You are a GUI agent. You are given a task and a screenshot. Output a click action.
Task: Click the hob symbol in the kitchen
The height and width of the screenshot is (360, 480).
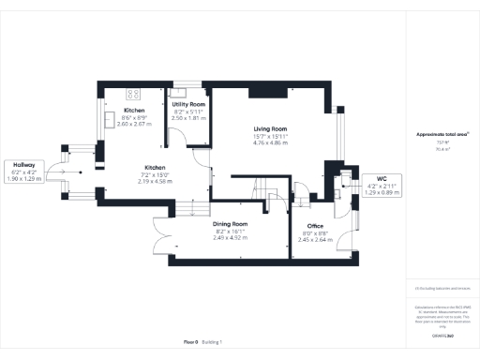point(131,94)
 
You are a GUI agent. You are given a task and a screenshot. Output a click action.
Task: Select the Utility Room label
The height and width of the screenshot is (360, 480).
point(187,104)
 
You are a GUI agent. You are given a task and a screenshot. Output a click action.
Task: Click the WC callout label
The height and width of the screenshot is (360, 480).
point(382,178)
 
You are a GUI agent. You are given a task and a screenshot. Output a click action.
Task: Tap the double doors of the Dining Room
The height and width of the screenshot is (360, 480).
point(160,234)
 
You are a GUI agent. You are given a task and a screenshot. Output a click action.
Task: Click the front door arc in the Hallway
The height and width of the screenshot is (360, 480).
point(58,173)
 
